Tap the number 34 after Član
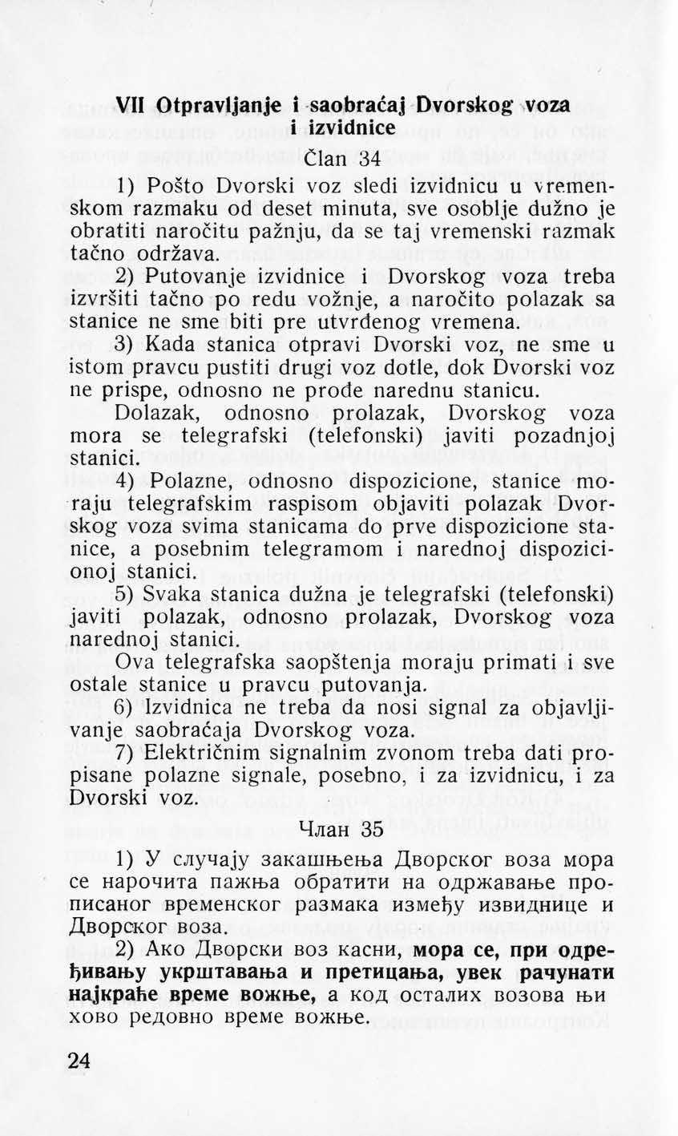[x=369, y=159]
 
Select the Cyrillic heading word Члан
[x=324, y=830]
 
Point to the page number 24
[x=79, y=1060]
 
